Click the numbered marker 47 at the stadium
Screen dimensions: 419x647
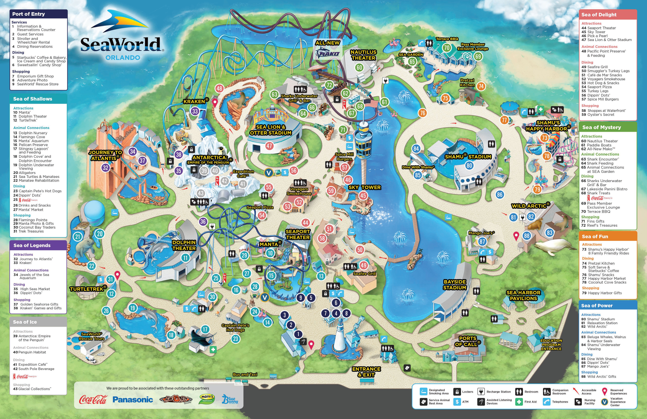coord(269,146)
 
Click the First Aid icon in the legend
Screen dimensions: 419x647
coord(519,402)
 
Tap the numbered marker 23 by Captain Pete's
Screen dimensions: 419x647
coord(235,339)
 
